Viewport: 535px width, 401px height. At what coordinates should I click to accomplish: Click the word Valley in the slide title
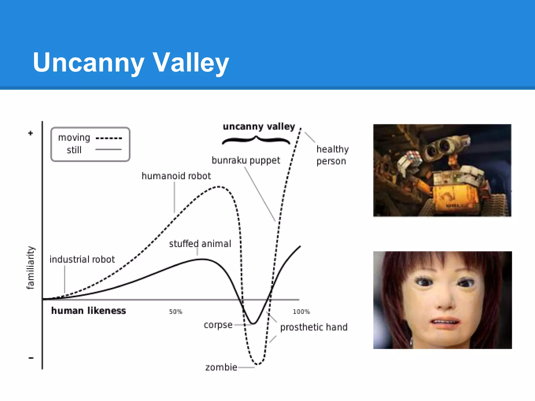[191, 63]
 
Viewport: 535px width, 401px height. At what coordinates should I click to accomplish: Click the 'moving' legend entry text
[74, 138]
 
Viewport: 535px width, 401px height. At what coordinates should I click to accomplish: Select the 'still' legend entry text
[74, 150]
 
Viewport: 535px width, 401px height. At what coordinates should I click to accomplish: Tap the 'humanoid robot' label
[176, 176]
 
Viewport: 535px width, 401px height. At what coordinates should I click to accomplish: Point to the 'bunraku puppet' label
[246, 160]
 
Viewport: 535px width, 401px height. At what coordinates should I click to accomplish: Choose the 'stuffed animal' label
[200, 244]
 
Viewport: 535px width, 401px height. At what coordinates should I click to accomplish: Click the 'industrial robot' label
[82, 259]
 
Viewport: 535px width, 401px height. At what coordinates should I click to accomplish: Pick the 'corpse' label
[218, 325]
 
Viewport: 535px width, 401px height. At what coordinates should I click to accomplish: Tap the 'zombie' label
[221, 367]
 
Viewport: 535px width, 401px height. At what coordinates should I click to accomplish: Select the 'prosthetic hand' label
[314, 327]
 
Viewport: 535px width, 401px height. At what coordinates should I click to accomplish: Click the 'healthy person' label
[332, 155]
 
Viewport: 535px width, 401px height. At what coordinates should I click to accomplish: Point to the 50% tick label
[176, 311]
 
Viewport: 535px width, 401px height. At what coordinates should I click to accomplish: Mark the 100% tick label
[301, 311]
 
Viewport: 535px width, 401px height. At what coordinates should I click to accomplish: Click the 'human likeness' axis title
[89, 311]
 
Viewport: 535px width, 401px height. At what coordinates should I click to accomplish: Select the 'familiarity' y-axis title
[31, 268]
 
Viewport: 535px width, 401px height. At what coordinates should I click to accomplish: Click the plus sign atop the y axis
[31, 133]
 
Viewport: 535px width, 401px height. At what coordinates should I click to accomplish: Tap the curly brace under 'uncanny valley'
[256, 140]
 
